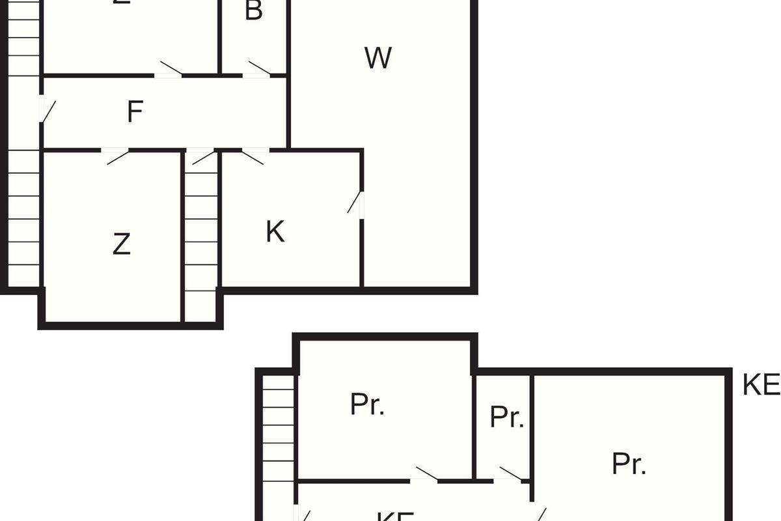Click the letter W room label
(x=378, y=59)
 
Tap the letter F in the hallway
(x=134, y=112)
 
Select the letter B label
(x=253, y=10)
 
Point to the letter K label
(x=275, y=232)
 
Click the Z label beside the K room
(x=121, y=244)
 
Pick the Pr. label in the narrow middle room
(x=506, y=417)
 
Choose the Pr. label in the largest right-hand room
(x=629, y=464)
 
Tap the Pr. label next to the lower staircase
(x=367, y=404)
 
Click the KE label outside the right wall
(x=761, y=386)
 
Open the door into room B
(x=258, y=70)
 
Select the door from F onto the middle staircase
(x=203, y=156)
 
